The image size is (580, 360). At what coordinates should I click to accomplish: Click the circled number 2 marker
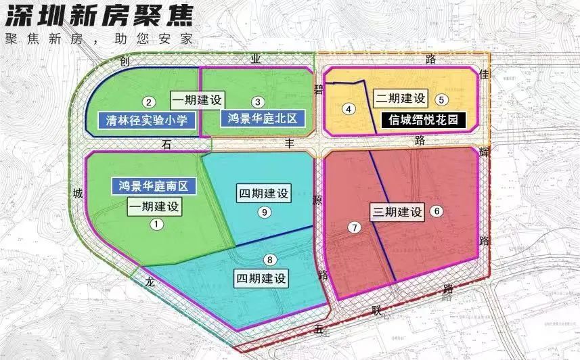tap(150, 102)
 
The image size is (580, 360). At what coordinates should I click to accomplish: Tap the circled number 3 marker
tap(257, 102)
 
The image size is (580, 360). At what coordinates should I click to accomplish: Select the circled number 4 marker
tap(349, 108)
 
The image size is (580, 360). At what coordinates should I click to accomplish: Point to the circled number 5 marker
tap(441, 99)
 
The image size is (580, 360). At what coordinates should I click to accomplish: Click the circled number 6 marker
tap(437, 211)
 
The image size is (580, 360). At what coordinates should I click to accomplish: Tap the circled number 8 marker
tap(270, 259)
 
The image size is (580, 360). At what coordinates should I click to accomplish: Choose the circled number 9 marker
tap(265, 211)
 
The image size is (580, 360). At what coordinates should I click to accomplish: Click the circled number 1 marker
tap(157, 224)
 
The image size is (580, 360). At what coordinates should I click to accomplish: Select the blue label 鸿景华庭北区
tap(262, 119)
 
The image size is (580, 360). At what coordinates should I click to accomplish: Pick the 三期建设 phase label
tap(397, 211)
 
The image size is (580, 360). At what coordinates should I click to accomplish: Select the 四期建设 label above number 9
tap(263, 194)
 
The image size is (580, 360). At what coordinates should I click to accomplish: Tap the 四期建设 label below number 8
tap(261, 277)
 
